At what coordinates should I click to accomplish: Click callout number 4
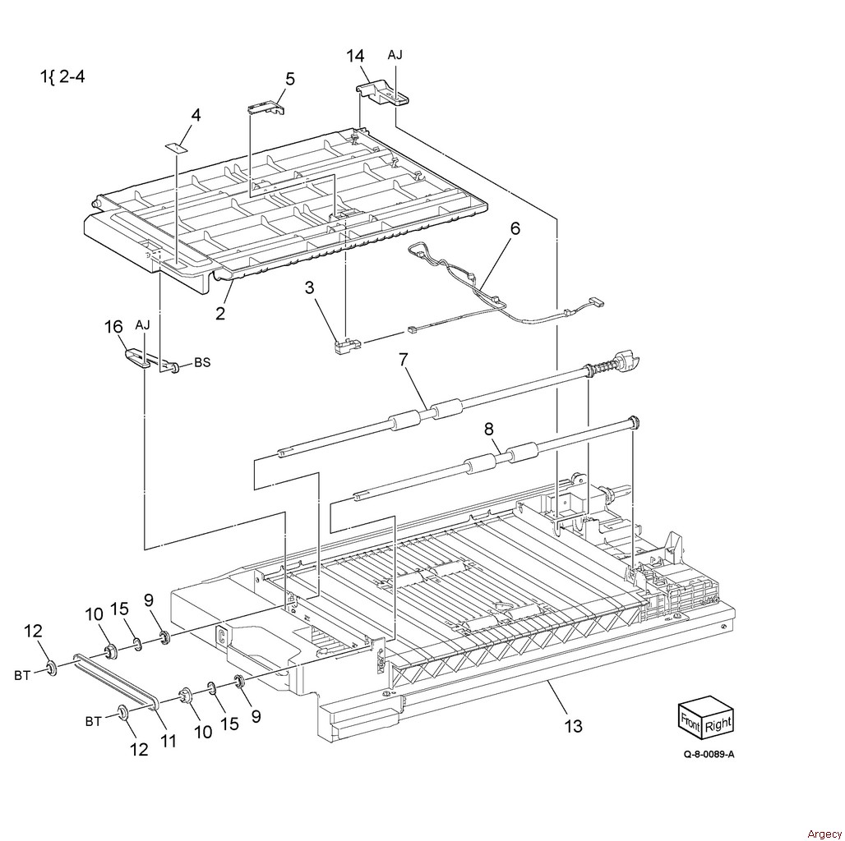(x=196, y=116)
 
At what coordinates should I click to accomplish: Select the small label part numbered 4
(x=176, y=146)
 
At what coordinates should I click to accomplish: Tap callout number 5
(x=290, y=79)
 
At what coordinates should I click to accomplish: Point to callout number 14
(x=355, y=56)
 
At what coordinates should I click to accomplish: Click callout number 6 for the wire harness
(x=515, y=229)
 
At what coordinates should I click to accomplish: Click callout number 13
(x=573, y=725)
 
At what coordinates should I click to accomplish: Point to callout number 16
(x=113, y=329)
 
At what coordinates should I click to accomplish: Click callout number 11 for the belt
(x=168, y=741)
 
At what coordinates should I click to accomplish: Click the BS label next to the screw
(x=202, y=362)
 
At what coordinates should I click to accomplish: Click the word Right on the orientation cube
(x=718, y=724)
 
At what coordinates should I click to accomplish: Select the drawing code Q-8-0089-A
(x=708, y=776)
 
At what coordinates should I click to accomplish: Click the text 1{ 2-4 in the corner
(x=62, y=78)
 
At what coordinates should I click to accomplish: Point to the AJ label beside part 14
(x=395, y=55)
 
